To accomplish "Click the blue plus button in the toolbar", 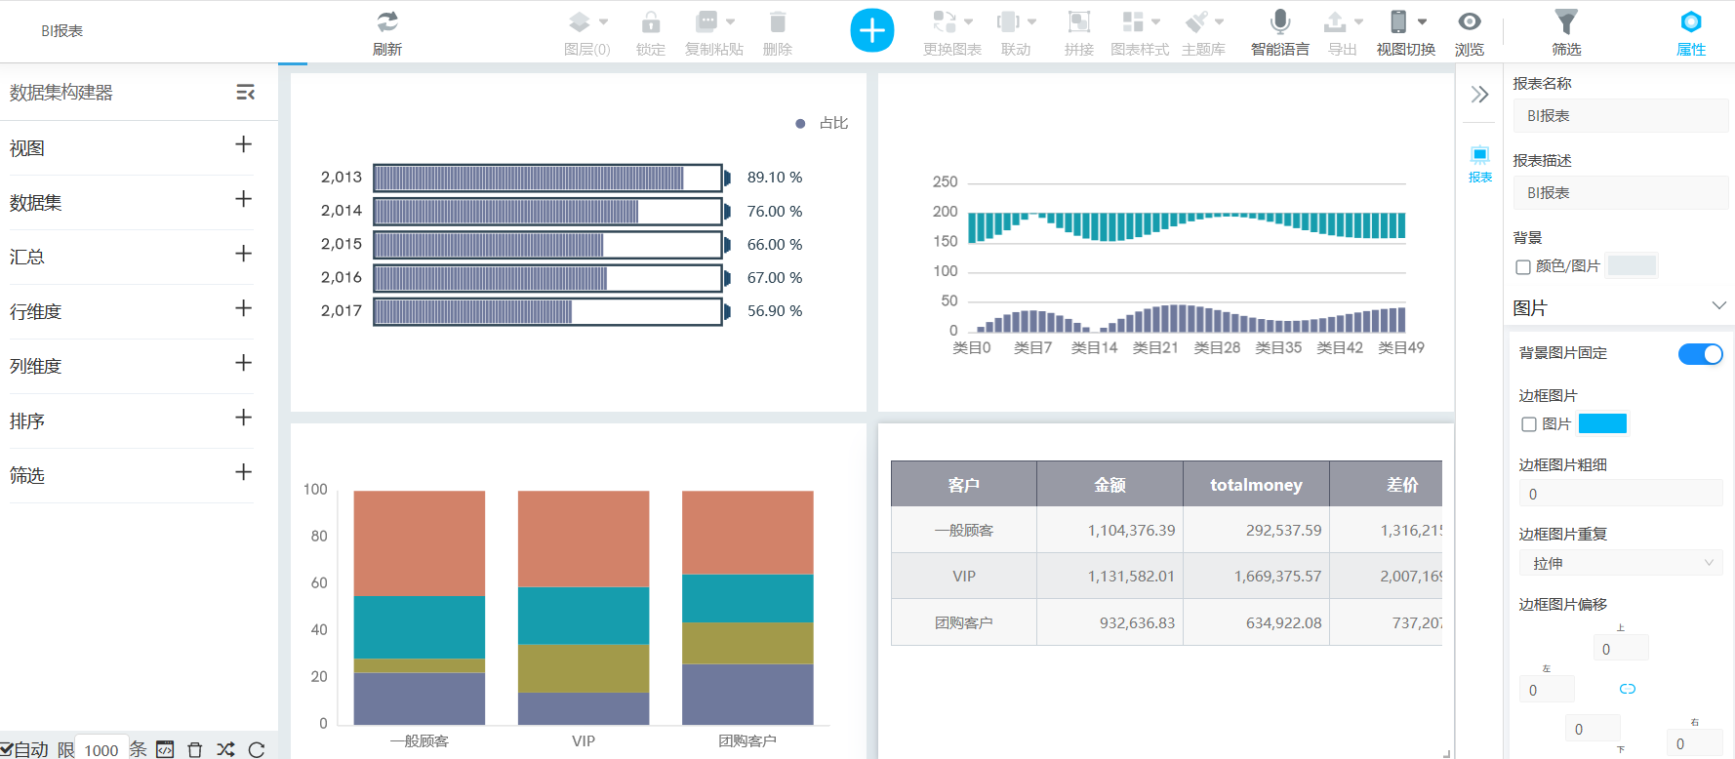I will pos(871,30).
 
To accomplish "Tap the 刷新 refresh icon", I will pos(387,22).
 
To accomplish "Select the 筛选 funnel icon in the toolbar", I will pos(1565,22).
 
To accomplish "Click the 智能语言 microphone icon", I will pos(1280,22).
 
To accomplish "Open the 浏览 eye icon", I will pos(1469,22).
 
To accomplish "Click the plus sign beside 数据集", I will pos(244,199).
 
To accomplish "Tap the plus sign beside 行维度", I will pos(244,308).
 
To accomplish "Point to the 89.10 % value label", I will pos(775,178).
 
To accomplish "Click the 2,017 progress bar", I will pos(547,311).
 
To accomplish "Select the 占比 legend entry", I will pos(823,123).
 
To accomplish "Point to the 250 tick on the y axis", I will pos(945,182).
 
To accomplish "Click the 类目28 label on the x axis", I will pos(1217,348).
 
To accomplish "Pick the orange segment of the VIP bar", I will pos(584,539).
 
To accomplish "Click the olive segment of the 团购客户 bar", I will pos(747,643).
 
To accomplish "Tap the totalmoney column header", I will pos(1256,485).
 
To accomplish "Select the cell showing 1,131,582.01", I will pos(1131,577).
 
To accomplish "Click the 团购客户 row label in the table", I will pos(963,622).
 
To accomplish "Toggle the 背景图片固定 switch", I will pos(1700,354).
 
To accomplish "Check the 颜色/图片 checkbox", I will pos(1523,267).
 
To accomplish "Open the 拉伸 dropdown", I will pos(1620,563).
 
